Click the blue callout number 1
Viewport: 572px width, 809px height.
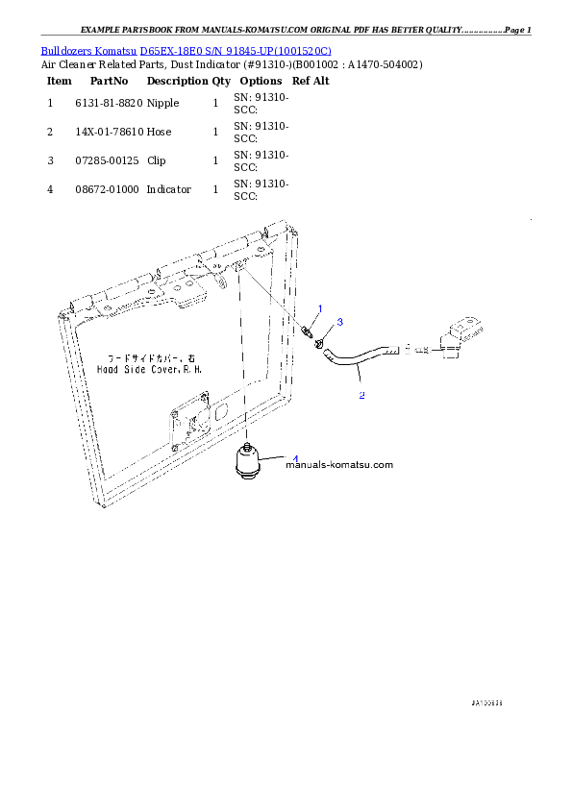[320, 307]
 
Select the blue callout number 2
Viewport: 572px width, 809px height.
[361, 395]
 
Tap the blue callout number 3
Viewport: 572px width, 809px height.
[339, 322]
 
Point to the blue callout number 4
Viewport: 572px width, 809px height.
[295, 458]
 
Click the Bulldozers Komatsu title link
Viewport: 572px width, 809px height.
[186, 50]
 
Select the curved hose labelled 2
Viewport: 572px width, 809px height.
[358, 360]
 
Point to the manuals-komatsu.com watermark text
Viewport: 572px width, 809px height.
[339, 465]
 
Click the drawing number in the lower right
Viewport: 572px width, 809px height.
[487, 703]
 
